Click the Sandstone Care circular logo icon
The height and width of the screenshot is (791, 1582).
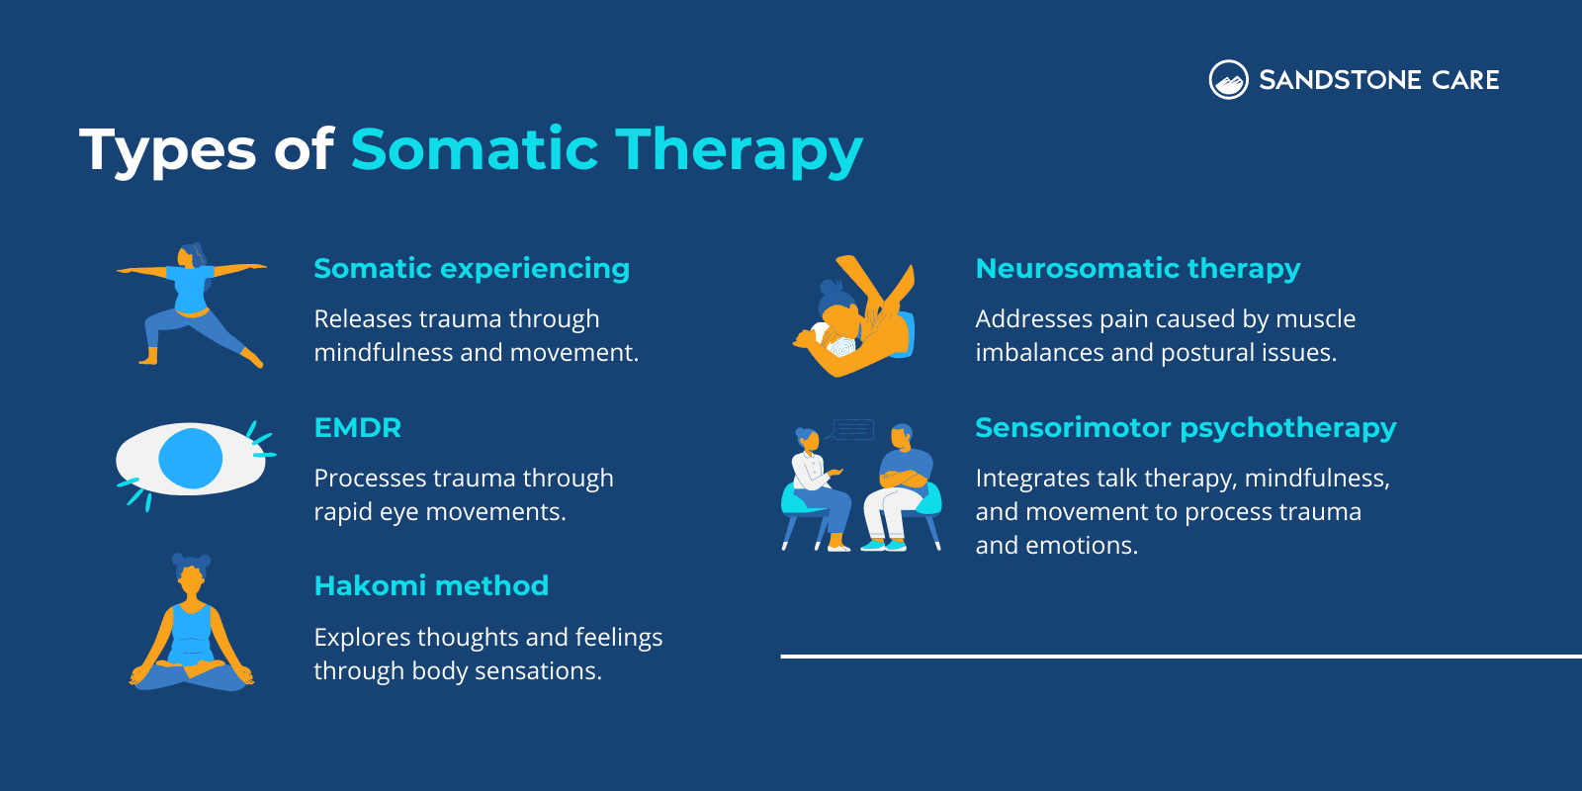tap(1228, 80)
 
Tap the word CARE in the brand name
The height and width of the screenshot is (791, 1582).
tap(1465, 80)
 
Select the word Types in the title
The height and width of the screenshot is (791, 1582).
tap(167, 151)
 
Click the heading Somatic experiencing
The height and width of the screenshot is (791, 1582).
tap(471, 269)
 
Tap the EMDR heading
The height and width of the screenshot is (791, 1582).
tap(357, 428)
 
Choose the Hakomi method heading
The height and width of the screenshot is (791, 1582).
tap(430, 586)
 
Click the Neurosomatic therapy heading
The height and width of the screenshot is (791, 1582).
tap(1137, 269)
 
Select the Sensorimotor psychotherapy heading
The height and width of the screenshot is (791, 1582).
tap(1185, 428)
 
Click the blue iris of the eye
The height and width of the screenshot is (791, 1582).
tap(190, 458)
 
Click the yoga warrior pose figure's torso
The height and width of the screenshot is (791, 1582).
tap(192, 290)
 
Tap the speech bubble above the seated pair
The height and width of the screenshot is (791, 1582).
tap(852, 430)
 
